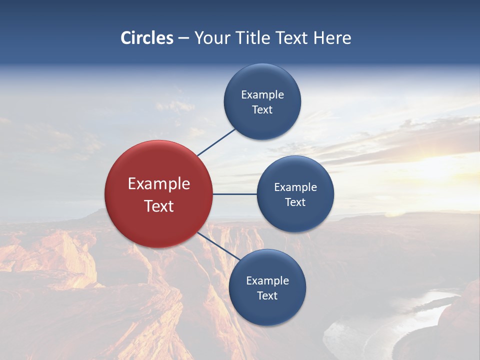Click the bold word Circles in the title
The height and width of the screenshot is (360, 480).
point(147,38)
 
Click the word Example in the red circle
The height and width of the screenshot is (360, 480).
point(159,184)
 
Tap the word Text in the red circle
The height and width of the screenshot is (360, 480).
point(159,206)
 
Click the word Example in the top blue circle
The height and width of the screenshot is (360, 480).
point(262,95)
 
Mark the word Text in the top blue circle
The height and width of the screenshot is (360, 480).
point(262,110)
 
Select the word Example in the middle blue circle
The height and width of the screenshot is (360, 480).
point(295,187)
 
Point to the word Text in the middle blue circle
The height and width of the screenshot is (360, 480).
point(295,202)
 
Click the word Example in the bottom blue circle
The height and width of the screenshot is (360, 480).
point(267,281)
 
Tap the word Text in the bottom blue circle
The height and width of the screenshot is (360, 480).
point(267,296)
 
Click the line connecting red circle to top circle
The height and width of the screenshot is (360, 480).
point(216,142)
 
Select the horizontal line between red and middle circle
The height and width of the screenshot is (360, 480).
point(234,194)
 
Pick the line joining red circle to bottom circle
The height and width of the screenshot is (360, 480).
point(218,246)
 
